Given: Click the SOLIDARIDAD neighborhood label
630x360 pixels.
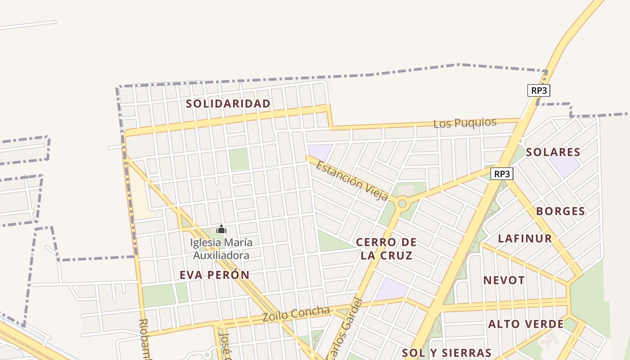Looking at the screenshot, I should point(228,103).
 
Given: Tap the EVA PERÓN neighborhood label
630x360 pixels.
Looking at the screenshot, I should point(214,275).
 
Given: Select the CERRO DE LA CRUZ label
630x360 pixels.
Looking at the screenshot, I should point(386,249).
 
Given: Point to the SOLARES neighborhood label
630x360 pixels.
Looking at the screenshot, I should point(553,152).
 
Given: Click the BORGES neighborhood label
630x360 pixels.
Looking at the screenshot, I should point(560,211).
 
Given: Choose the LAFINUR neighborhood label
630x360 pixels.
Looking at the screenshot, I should point(525,238).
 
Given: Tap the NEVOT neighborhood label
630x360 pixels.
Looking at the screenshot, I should point(504,280).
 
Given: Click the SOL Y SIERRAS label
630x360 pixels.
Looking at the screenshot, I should point(446,352).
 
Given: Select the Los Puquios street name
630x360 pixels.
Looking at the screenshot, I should point(465,123).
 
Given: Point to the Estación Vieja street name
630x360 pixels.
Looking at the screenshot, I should point(352,181).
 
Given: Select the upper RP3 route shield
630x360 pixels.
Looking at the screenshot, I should point(539,90).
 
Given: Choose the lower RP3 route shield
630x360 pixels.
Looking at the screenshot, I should point(502,174).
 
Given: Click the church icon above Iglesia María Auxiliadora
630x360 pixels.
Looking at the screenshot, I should point(221,229).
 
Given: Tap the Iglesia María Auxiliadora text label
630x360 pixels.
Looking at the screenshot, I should point(221,249).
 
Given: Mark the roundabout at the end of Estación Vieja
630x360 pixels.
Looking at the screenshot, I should point(402,204).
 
